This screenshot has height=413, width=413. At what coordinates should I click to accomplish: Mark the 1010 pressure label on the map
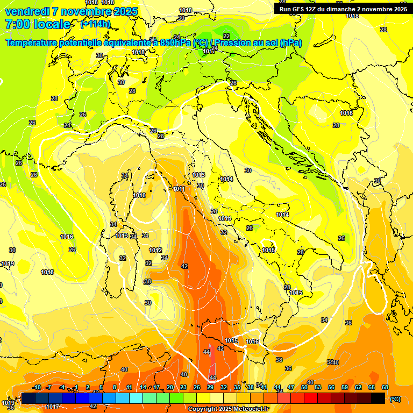[139, 195]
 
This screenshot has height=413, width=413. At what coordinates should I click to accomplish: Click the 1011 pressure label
[179, 189]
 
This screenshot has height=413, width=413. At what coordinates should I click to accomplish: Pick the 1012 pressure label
[155, 250]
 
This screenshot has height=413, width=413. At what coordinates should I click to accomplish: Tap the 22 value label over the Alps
[226, 36]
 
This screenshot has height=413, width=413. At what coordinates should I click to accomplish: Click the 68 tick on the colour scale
[385, 387]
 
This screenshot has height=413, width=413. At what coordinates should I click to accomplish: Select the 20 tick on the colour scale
[170, 387]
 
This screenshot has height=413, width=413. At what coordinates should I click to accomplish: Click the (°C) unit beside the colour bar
[395, 398]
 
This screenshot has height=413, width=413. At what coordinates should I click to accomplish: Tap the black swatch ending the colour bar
[378, 398]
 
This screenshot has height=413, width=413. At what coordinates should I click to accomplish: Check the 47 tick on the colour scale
[291, 387]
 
